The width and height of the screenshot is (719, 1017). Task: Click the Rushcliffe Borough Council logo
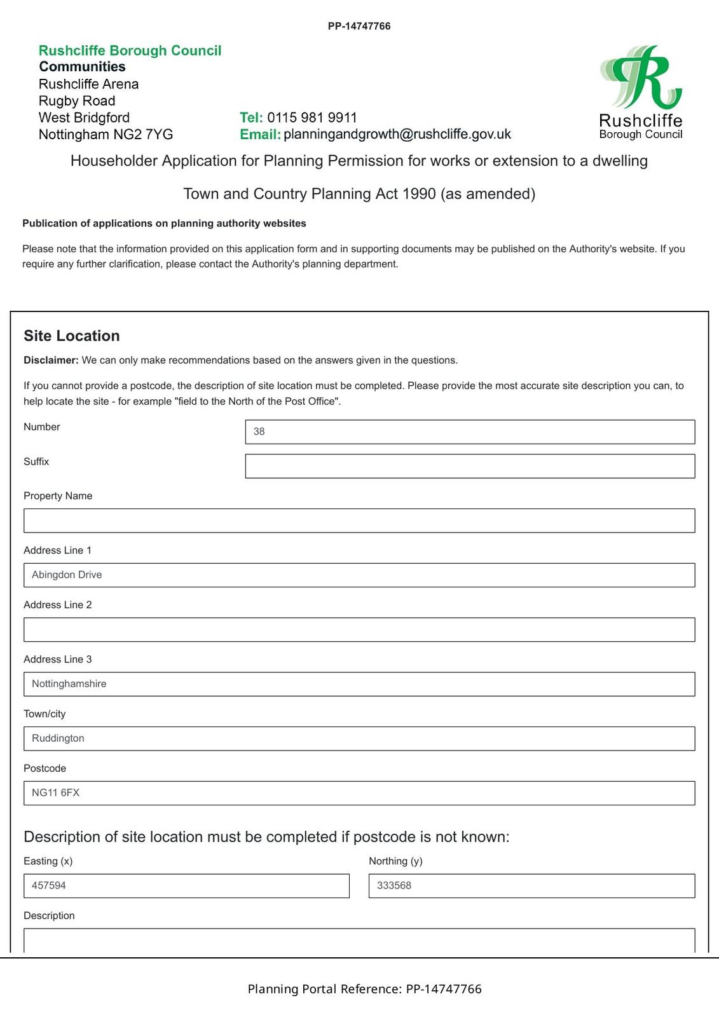pos(640,92)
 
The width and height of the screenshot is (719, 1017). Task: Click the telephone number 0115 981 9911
pos(312,118)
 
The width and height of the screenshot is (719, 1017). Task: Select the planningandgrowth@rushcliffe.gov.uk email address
pos(397,134)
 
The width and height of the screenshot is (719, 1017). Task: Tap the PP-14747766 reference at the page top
pos(359,26)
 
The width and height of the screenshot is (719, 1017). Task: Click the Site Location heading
pos(72,336)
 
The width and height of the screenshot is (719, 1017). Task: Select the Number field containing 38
pos(469,432)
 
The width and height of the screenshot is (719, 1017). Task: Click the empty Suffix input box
pos(469,466)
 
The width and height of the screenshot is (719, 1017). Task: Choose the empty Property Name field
pos(359,521)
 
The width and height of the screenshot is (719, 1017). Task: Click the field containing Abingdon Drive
pos(359,575)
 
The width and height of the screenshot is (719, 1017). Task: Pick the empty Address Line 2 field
pos(359,629)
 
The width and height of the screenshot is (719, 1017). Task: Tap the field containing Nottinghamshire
pos(359,684)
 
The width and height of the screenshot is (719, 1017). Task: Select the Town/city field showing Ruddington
pos(359,739)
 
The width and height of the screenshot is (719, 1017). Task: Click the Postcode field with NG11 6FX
pos(359,793)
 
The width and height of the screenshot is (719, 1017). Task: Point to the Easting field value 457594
pos(186,885)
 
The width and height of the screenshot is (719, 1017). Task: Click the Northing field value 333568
pos(531,885)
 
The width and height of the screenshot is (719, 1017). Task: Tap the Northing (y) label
pos(395,861)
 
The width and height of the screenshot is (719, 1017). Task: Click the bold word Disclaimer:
pos(51,360)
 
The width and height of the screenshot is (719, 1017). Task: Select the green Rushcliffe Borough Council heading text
pos(130,51)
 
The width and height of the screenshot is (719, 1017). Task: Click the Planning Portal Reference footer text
pos(364,989)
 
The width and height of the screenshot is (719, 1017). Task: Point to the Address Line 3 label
pos(57,659)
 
